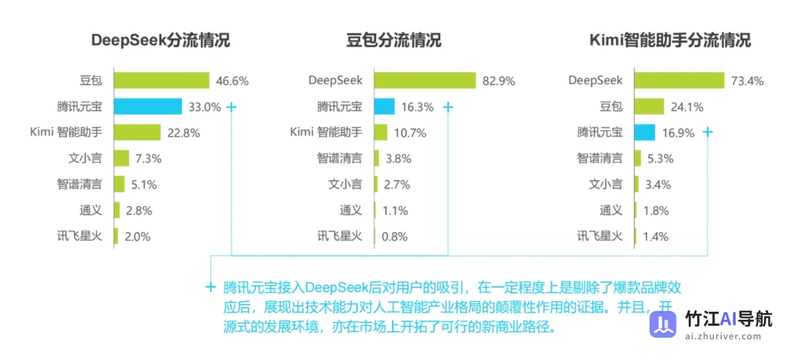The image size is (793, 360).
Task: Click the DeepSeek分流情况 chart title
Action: pos(161,40)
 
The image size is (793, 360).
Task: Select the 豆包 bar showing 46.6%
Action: pos(161,81)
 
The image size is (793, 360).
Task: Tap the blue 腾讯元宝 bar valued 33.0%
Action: pos(147,106)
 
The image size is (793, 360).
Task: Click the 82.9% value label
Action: pos(498,81)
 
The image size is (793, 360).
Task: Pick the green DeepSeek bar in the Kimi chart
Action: pos(679,81)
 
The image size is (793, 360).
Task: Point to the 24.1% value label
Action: pos(687,107)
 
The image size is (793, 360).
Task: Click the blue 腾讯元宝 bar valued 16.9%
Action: pos(645,132)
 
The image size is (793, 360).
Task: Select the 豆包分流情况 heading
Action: pos(394,40)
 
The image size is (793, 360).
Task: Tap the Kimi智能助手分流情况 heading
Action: pos(670,40)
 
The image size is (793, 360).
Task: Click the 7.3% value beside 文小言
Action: pos(148,159)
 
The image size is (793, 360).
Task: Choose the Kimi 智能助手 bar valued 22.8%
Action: pos(137,132)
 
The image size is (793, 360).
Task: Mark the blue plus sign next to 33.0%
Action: pos(231,106)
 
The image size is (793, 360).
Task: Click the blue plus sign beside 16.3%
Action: pos(448,106)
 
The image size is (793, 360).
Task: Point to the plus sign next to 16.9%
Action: pos(708,132)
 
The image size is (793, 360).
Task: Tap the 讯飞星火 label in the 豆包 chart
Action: pos(340,236)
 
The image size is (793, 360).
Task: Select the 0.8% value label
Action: pos(395,236)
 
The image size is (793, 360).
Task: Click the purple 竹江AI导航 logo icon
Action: pos(663,324)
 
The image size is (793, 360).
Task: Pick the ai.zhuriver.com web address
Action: pos(723,336)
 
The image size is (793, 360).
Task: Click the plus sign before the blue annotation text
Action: pos(211,287)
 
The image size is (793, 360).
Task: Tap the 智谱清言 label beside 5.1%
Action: pos(79,184)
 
